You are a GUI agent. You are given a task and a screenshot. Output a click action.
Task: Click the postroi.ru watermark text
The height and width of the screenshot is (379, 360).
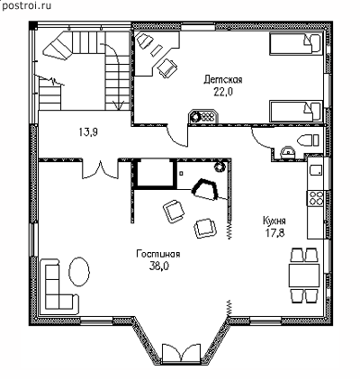(x=26, y=5)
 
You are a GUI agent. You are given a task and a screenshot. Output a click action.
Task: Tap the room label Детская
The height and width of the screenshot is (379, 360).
(x=223, y=80)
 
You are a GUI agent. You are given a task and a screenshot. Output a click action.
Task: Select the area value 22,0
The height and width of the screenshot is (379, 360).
(x=223, y=92)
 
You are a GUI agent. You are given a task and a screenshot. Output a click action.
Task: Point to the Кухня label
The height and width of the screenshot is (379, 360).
(x=274, y=221)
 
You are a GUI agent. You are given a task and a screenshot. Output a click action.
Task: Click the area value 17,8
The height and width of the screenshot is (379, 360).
(x=274, y=233)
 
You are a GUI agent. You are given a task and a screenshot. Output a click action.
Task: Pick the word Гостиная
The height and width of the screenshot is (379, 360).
(x=158, y=254)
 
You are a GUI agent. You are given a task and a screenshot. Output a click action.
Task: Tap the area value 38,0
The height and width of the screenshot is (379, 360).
(x=159, y=266)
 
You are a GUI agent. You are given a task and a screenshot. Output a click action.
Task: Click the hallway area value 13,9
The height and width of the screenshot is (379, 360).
(x=89, y=132)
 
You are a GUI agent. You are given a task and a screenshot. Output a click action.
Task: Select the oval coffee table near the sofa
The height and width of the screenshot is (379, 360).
(x=79, y=272)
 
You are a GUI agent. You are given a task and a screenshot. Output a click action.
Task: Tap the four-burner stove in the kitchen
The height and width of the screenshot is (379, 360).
(x=315, y=198)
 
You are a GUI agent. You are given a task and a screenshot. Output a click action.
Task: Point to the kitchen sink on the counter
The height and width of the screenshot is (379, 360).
(x=316, y=170)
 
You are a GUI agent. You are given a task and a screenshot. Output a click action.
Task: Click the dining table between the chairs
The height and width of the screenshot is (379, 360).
(x=303, y=275)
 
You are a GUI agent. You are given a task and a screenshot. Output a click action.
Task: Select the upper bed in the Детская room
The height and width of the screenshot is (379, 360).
(x=295, y=44)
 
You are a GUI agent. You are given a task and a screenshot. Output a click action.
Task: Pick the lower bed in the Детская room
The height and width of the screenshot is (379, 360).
(x=295, y=111)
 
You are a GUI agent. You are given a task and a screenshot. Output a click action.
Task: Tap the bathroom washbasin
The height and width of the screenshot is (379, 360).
(x=288, y=152)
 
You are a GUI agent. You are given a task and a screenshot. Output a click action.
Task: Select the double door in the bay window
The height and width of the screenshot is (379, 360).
(x=182, y=354)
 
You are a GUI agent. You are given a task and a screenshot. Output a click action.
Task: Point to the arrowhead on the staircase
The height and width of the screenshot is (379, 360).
(x=119, y=104)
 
